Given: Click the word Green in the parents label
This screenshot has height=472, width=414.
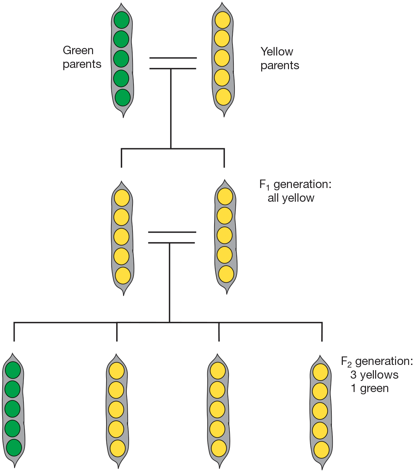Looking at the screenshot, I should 78,50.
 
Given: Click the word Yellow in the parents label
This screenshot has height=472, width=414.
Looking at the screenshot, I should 277,52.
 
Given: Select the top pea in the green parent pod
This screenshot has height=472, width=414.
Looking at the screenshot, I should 121,20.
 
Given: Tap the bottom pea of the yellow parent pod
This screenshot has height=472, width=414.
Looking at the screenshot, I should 223,97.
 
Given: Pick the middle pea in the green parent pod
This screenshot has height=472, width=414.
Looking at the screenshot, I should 121,59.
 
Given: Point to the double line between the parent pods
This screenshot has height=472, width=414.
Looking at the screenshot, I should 173,63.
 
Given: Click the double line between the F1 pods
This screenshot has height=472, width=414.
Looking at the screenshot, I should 172,237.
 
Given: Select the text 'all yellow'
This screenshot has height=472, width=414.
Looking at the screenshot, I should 291,198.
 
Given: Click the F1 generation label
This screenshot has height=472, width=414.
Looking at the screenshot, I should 295,184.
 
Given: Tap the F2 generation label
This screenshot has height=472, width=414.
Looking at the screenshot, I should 377,361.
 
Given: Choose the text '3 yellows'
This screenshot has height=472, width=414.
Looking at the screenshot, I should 374,375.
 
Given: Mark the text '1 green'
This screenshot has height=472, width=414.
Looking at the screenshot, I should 370,388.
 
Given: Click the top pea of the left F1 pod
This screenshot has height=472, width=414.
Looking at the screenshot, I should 121,198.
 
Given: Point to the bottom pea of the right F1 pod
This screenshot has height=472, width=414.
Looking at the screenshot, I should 226,274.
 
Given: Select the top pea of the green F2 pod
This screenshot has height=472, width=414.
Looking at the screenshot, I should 13,370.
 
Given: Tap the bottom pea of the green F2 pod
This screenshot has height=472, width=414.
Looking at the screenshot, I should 14,448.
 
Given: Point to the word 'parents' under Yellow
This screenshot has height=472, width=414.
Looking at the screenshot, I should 280,65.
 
